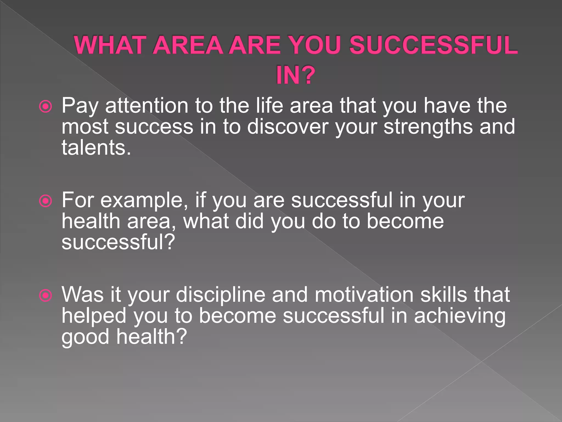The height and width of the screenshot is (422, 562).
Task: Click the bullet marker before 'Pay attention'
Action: [x=46, y=107]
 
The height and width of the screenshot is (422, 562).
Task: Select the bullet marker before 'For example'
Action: [x=46, y=201]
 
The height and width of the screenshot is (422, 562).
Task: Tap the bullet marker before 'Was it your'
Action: [x=46, y=296]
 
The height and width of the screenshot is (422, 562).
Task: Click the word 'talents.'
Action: [x=96, y=148]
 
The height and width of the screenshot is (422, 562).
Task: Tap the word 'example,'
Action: [x=144, y=201]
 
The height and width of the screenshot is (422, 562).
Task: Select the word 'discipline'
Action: [x=220, y=295]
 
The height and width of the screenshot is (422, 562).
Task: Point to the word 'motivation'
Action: [x=364, y=295]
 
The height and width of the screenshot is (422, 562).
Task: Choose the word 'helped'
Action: [x=94, y=316]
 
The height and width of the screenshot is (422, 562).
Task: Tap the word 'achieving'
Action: [x=460, y=316]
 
